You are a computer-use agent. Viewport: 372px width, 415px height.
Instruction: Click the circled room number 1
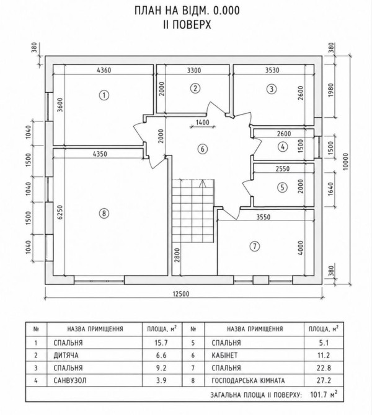[104, 95]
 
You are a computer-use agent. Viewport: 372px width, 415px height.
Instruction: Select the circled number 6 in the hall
[202, 149]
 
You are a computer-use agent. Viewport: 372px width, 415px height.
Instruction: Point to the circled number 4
[283, 146]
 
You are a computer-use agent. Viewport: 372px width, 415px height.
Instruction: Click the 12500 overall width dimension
[181, 294]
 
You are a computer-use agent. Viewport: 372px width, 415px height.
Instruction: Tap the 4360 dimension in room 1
[104, 71]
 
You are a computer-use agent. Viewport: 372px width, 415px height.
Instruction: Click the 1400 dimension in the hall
[203, 123]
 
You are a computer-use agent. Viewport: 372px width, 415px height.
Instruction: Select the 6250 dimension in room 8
[60, 212]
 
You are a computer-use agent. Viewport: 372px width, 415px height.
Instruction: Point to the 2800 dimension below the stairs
[177, 255]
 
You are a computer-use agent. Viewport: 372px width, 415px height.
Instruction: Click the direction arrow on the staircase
[202, 184]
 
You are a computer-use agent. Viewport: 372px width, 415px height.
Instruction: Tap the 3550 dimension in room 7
[263, 217]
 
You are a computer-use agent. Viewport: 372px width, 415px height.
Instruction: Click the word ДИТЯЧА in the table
[66, 355]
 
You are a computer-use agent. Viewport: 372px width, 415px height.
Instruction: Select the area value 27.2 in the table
[323, 380]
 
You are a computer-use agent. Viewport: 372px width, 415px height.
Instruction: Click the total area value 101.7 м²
[324, 395]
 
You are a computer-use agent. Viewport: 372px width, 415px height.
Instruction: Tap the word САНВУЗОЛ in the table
[70, 380]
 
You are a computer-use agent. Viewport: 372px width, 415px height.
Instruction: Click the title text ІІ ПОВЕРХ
[187, 25]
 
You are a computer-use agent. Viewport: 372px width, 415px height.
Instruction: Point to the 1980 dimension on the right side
[331, 90]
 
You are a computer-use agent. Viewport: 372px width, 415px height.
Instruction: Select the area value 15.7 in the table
[161, 343]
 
